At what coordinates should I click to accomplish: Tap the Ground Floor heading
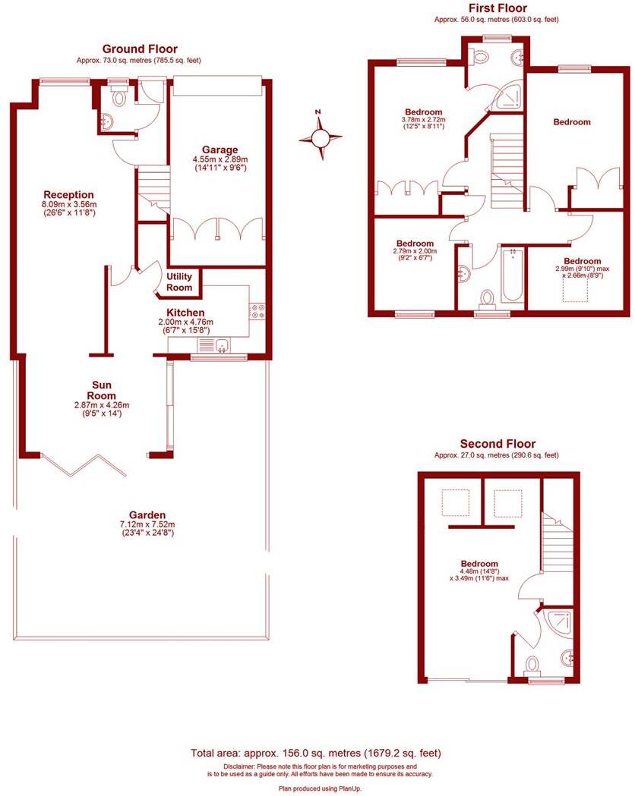pos(140,49)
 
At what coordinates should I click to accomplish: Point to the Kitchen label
pos(185,313)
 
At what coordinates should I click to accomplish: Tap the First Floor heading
pos(497,8)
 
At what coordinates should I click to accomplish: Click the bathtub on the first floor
pos(513,275)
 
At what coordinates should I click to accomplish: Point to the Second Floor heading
pos(498,444)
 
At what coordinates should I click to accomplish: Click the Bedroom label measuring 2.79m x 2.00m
pos(414,244)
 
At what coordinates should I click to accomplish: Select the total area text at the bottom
pos(315,754)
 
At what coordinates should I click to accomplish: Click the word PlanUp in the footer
pos(346,789)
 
